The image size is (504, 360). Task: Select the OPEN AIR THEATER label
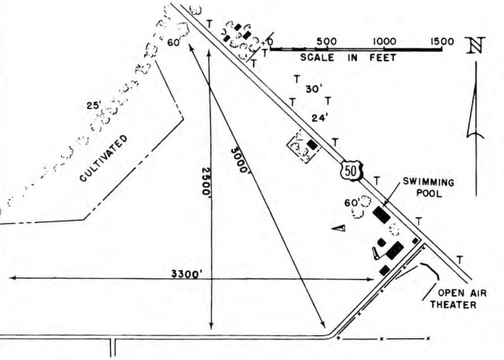coord(457,299)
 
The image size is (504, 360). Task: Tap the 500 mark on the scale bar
coord(326,41)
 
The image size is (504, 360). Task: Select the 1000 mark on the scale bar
coord(384,41)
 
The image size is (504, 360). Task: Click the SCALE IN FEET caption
coord(348,58)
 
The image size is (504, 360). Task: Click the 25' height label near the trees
coord(94,106)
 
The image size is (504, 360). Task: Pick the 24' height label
coord(320,117)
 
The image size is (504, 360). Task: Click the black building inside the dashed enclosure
coord(313,144)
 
